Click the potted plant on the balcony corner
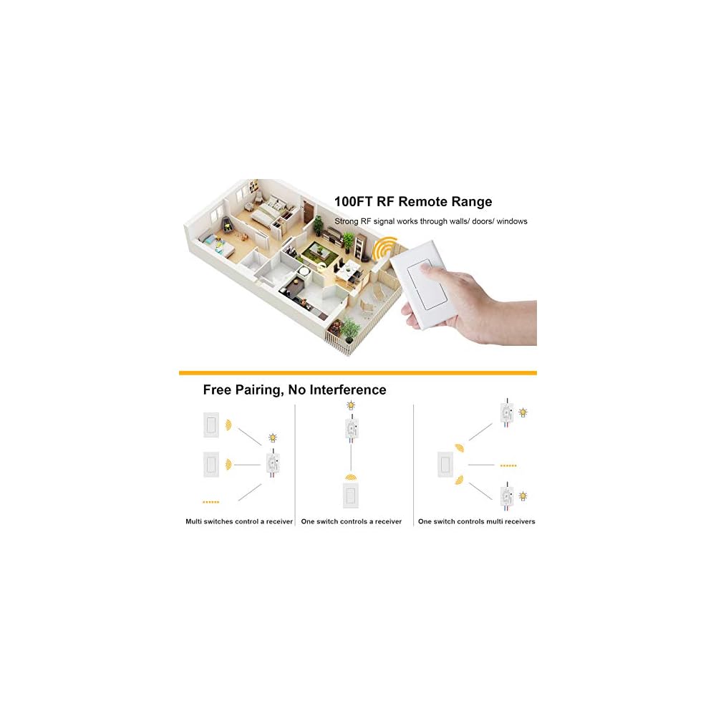coord(351,329)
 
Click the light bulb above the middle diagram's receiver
coord(351,406)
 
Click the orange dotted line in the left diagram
coord(211,501)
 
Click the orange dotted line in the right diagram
coord(508,465)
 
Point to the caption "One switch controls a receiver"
coord(351,521)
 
